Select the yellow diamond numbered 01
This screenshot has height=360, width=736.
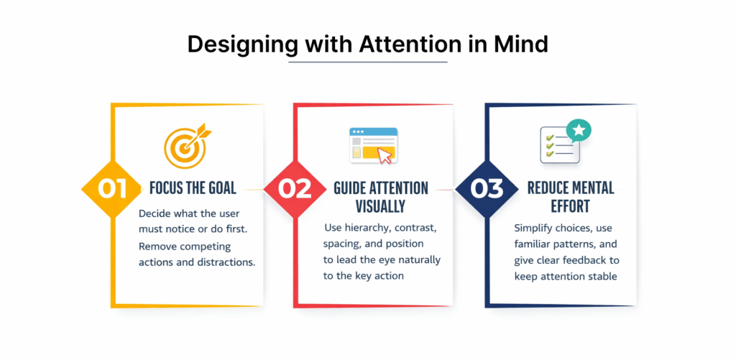point(112,189)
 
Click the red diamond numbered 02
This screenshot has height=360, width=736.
point(295,189)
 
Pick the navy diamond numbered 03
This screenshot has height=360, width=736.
point(487,189)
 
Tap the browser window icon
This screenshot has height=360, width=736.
point(374,145)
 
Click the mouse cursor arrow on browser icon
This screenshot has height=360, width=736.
point(385,155)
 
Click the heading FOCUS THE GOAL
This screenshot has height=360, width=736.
point(193,189)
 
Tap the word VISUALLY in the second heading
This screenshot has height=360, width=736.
point(381,206)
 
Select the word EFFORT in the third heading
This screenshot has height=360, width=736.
point(570,206)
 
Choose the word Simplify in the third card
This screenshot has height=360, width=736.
point(531,229)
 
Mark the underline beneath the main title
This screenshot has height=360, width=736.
point(367,62)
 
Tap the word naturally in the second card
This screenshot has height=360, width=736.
point(419,259)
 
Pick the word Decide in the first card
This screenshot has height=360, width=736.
point(153,214)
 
